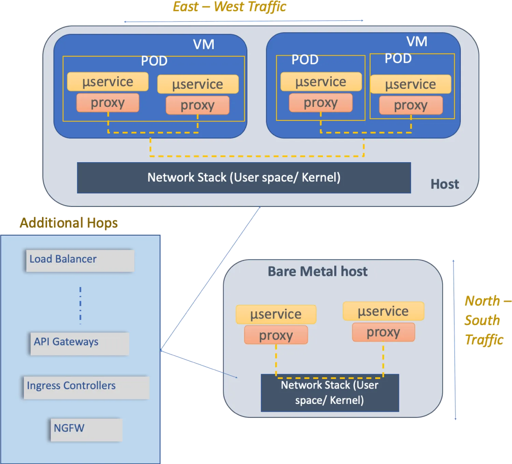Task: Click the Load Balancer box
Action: tap(80, 260)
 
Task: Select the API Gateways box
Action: tap(80, 343)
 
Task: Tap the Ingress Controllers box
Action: tap(86, 387)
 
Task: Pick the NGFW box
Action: tap(86, 430)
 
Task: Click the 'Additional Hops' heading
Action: tap(69, 223)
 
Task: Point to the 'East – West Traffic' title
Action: tap(229, 7)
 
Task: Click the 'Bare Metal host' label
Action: tap(317, 271)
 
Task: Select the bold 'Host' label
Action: tap(444, 184)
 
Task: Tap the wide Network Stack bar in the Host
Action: tap(244, 178)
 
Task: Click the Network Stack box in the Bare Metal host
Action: tap(330, 393)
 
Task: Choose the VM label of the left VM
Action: tap(203, 44)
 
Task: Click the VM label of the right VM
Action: tap(417, 42)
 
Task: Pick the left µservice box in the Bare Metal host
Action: tap(276, 314)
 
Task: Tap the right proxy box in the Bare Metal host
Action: tap(383, 332)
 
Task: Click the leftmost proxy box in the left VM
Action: tap(108, 102)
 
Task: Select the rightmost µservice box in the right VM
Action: tap(410, 84)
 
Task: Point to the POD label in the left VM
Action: tap(154, 61)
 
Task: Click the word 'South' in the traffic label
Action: tap(482, 320)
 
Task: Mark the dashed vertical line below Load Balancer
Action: tap(80, 305)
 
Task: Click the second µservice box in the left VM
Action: tap(198, 84)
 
